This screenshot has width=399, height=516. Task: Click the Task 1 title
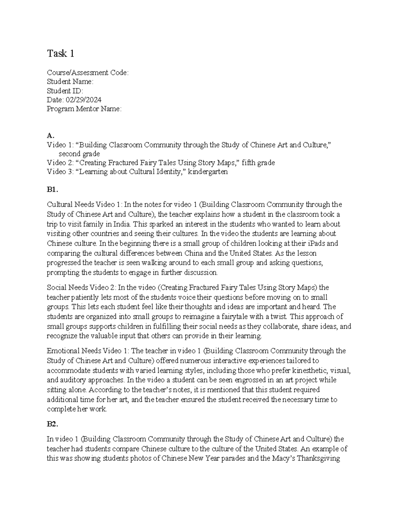(61, 53)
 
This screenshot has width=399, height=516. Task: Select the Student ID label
(65, 91)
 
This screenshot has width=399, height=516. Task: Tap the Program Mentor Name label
(84, 109)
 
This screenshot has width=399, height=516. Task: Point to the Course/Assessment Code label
(87, 72)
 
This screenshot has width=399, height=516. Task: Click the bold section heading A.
(50, 136)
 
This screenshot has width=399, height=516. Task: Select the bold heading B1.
(53, 190)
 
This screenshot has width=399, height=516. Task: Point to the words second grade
(79, 154)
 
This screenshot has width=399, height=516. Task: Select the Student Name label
(70, 82)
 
